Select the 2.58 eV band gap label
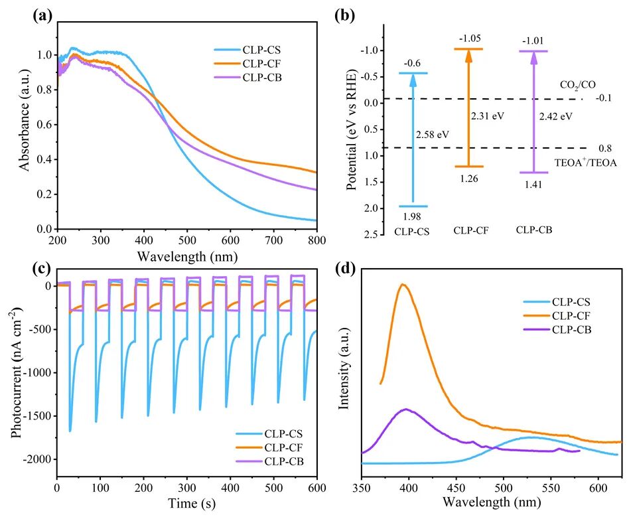[433, 134]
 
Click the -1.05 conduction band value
[468, 38]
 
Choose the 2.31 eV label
[488, 115]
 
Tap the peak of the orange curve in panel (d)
[402, 285]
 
